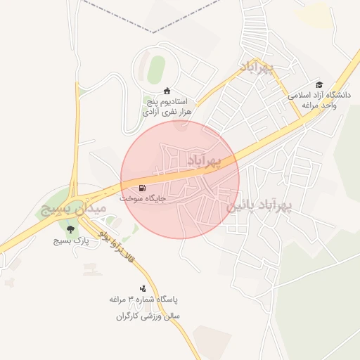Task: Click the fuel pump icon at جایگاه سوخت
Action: [143, 188]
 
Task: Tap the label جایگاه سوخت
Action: [143, 199]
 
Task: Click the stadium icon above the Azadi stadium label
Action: [167, 91]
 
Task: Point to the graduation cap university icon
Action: [320, 84]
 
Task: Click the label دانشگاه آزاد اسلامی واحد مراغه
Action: [319, 99]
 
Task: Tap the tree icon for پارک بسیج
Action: [70, 229]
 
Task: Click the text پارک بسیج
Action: [70, 240]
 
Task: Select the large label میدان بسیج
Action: [73, 209]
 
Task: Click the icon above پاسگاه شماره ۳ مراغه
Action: [143, 288]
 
